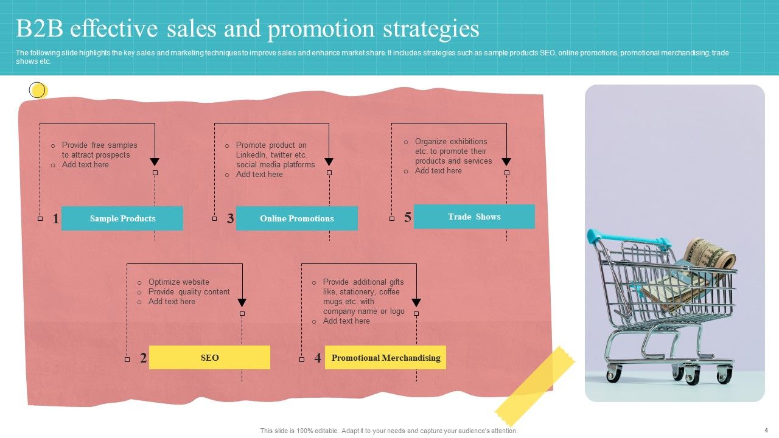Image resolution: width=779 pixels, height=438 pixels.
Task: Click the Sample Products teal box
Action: pos(122,218)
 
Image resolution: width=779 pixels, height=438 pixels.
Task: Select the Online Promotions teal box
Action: pos(296,218)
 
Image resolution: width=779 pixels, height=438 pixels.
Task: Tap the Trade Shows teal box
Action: pos(474,217)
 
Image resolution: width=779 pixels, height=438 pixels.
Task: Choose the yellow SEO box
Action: pos(209,358)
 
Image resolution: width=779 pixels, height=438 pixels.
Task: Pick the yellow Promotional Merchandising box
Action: pos(385,358)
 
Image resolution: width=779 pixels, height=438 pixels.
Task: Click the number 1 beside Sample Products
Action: pos(55,219)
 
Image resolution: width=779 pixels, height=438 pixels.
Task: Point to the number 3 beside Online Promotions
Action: pos(230,219)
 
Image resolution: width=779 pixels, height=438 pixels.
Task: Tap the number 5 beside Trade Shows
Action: pos(408,217)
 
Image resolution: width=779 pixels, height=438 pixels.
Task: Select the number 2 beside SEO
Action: pos(143,358)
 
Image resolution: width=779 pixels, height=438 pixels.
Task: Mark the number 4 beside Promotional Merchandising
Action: pos(318,358)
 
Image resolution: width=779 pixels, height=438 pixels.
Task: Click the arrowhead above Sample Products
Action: pos(155,162)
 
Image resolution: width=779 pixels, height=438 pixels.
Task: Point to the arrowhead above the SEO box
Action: pos(242,302)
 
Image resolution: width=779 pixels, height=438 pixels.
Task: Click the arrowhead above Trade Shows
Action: pos(506,162)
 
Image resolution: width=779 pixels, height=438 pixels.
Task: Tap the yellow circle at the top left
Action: pos(38,91)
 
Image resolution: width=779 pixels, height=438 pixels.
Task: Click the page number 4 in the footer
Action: pos(766,430)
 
